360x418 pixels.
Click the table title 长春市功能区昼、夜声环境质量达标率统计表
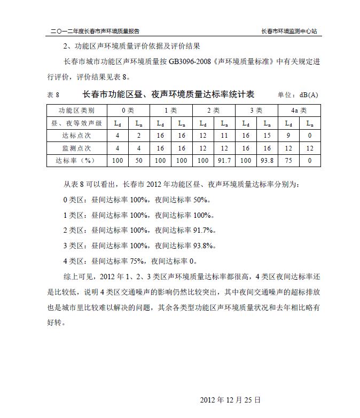tap(168, 94)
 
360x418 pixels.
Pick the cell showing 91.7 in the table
tap(224, 160)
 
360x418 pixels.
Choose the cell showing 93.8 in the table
tap(267, 160)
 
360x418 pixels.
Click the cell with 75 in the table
tap(288, 160)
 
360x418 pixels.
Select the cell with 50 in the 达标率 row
tap(138, 160)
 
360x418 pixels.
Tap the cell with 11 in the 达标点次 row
tap(224, 136)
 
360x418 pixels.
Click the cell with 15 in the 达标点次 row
tap(267, 136)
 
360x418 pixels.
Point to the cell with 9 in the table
tap(288, 136)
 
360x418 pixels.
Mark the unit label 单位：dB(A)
tap(298, 95)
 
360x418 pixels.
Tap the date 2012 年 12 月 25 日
tap(230, 399)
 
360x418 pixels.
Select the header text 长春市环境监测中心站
tap(289, 31)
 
